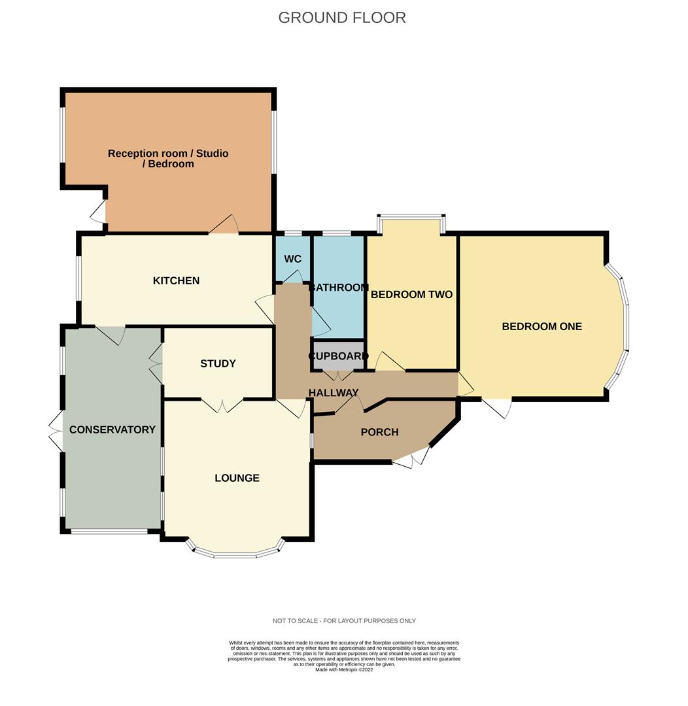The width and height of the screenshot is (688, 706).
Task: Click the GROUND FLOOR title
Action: click(342, 18)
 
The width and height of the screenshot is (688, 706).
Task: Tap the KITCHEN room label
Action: click(176, 280)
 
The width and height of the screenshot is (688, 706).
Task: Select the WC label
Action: click(293, 259)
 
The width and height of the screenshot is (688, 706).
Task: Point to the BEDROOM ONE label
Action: click(542, 326)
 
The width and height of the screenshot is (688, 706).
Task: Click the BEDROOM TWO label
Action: click(412, 294)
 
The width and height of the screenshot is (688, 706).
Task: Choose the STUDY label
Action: click(218, 363)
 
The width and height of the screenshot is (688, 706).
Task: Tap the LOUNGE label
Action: click(237, 478)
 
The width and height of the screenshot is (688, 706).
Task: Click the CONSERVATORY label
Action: click(112, 429)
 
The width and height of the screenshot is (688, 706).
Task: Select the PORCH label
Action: click(380, 432)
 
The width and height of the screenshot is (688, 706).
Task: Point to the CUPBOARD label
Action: click(338, 356)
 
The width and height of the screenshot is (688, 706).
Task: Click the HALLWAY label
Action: click(334, 393)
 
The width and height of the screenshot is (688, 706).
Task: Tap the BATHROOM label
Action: click(338, 287)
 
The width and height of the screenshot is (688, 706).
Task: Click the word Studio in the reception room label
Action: click(212, 154)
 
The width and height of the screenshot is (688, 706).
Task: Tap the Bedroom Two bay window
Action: click(411, 218)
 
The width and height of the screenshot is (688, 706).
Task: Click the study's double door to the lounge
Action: click(222, 405)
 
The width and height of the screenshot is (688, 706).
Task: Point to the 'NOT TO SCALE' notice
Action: click(344, 621)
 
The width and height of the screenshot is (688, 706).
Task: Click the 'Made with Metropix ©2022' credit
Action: click(344, 670)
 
